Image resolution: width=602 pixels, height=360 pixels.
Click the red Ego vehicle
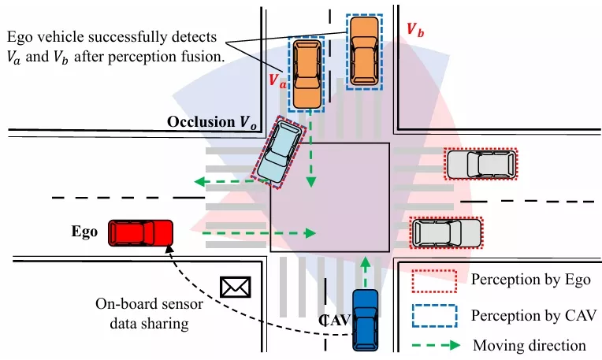pyautogui.click(x=141, y=232)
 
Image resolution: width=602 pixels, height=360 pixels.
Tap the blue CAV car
pyautogui.click(x=366, y=320)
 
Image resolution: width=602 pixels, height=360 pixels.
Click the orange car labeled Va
pyautogui.click(x=307, y=73)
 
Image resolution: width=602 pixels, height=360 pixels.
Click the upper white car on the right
pyautogui.click(x=481, y=165)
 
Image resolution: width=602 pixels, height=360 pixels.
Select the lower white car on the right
pyautogui.click(x=447, y=232)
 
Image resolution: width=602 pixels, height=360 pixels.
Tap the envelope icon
pyautogui.click(x=234, y=287)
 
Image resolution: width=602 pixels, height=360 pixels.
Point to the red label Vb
pyautogui.click(x=415, y=31)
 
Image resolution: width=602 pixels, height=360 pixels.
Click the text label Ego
pyautogui.click(x=84, y=232)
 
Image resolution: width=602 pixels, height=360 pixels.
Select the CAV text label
pyautogui.click(x=334, y=319)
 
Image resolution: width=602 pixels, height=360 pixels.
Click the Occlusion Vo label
pyautogui.click(x=211, y=122)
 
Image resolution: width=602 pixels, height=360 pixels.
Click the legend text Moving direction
pyautogui.click(x=529, y=345)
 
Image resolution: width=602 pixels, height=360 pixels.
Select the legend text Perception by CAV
pyautogui.click(x=526, y=314)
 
